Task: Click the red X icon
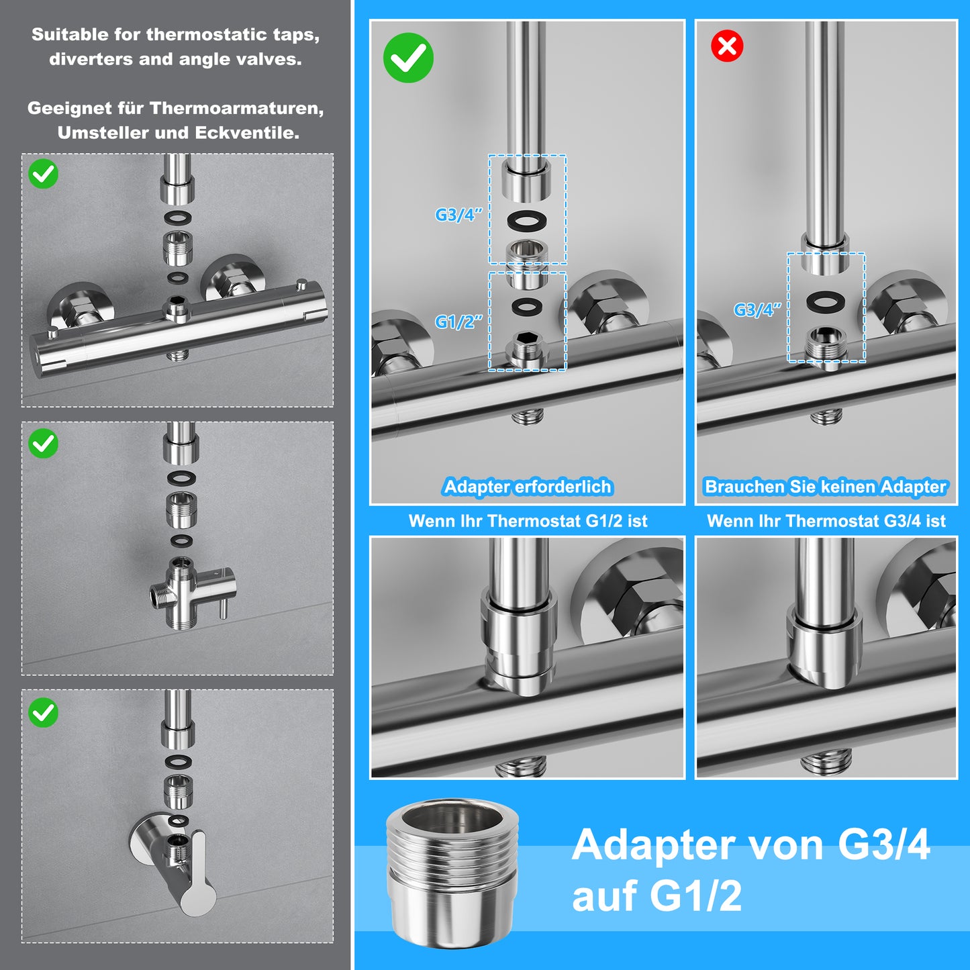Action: point(727,46)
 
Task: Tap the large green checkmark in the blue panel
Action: point(408,58)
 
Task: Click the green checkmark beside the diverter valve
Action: point(43,444)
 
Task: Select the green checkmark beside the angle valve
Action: point(43,712)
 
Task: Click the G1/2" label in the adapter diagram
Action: point(458,322)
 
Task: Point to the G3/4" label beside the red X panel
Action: point(757,309)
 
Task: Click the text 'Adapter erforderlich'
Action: point(528,487)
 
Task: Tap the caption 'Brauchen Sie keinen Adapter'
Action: point(826,487)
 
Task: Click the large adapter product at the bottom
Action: point(452,874)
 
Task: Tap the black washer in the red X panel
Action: point(826,301)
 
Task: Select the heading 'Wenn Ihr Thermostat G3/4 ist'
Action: point(826,520)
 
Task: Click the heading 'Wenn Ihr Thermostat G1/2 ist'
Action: point(528,520)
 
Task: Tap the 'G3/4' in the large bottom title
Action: point(883,844)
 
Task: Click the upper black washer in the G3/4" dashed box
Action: point(527,220)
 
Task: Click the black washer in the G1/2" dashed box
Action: point(527,305)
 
